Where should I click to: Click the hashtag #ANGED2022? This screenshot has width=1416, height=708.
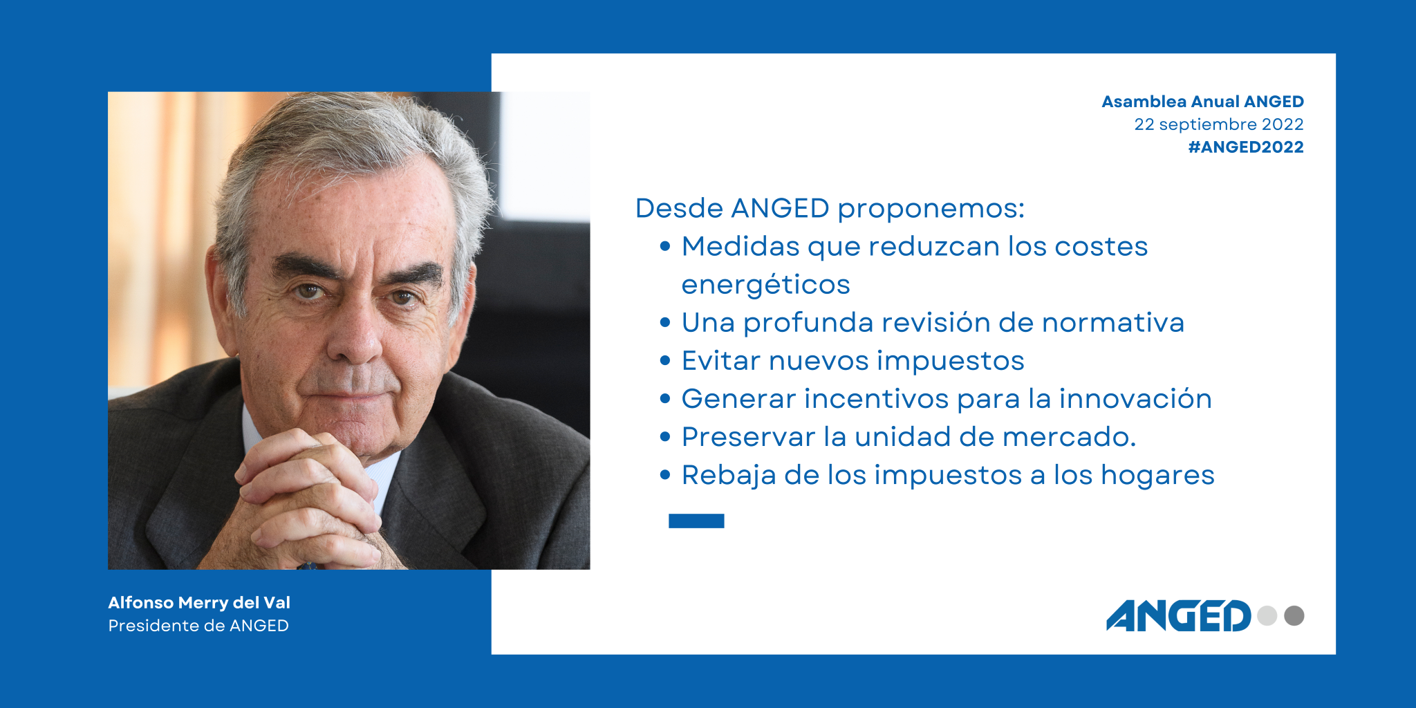coord(1246,147)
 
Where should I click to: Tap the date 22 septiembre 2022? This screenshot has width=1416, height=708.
coord(1219,124)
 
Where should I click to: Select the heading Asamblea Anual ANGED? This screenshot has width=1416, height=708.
coord(1202,102)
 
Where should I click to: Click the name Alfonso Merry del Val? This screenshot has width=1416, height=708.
coord(199,602)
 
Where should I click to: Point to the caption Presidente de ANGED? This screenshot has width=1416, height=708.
coord(198,626)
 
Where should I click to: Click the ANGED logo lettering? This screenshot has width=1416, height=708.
coord(1179,615)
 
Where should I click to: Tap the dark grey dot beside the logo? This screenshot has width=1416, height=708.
coord(1294,615)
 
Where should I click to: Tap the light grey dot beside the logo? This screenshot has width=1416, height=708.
coord(1267,615)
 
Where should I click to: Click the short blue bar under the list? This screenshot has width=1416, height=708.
coord(696,521)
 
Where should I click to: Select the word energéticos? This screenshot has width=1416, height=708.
coord(765,285)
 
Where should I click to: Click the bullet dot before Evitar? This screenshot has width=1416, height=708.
coord(665,360)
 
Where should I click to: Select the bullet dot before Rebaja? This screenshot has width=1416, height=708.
coord(665,475)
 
